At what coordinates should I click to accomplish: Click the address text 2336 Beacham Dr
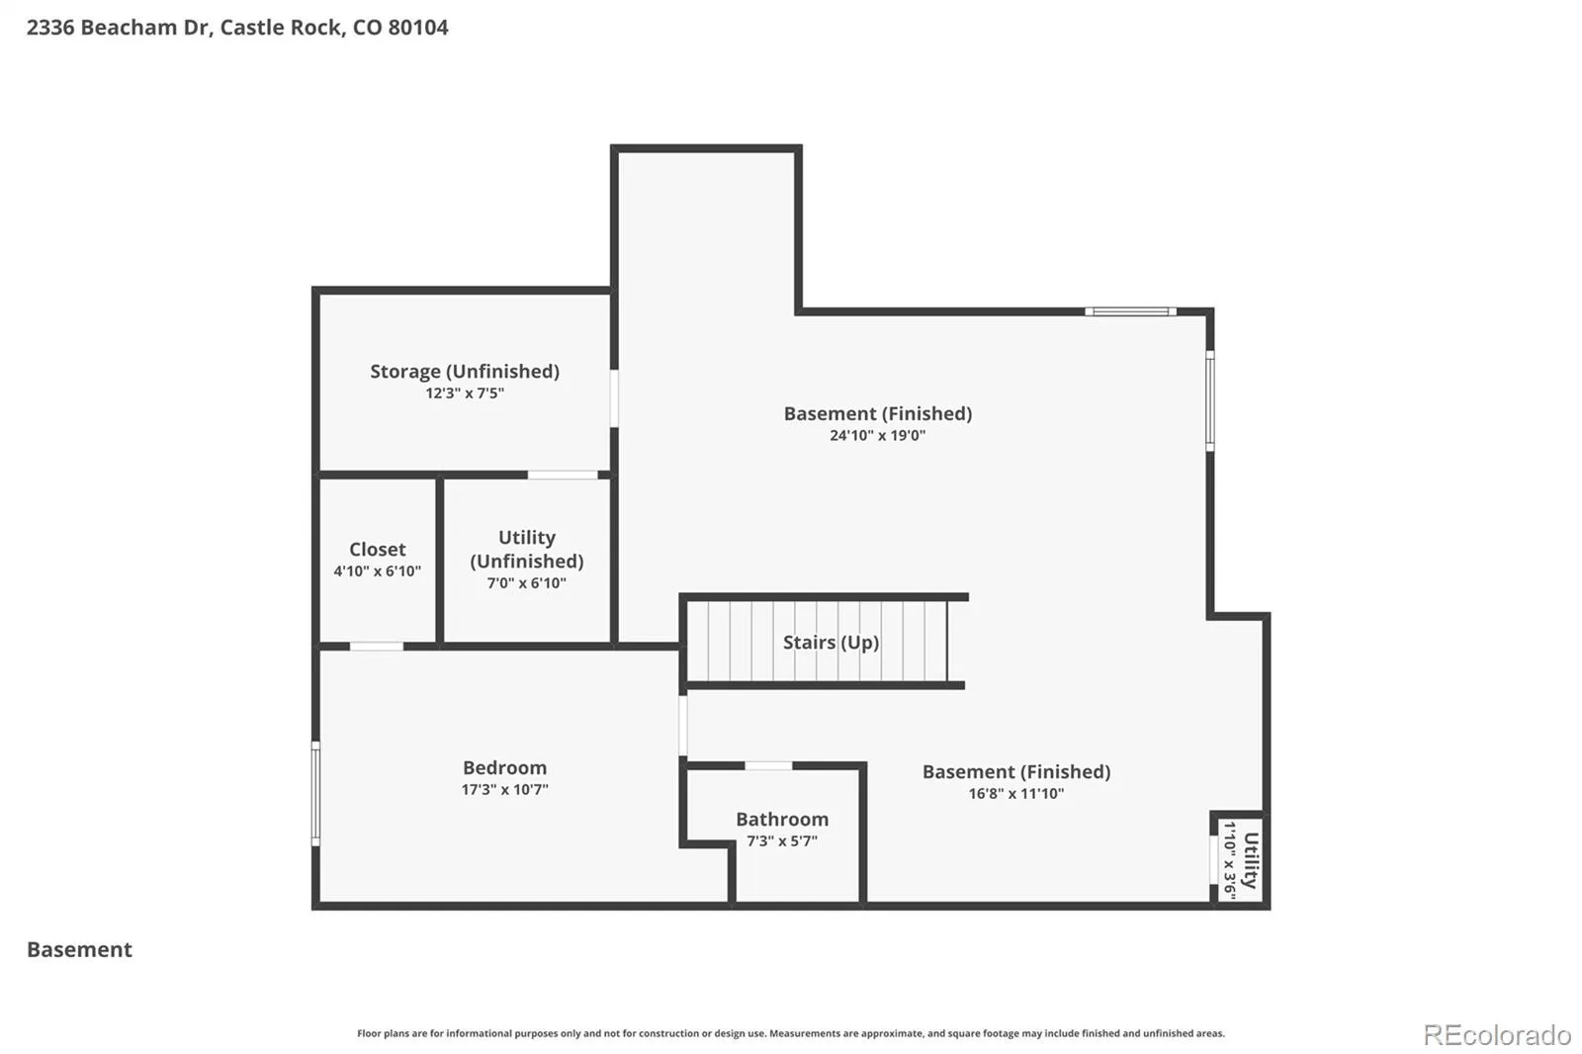click(x=119, y=28)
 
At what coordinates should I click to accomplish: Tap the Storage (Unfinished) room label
click(x=465, y=372)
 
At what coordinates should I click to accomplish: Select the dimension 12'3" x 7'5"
click(x=465, y=393)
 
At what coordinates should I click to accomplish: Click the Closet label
click(x=377, y=549)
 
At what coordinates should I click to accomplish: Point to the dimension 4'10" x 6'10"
click(x=377, y=571)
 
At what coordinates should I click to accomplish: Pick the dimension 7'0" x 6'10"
click(x=527, y=582)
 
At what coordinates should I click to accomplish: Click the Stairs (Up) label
click(x=832, y=642)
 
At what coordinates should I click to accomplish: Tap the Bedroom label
click(x=504, y=767)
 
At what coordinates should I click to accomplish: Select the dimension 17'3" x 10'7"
click(x=504, y=789)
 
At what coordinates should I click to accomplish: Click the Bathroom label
click(x=782, y=819)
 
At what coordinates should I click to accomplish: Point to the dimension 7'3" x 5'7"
click(x=782, y=840)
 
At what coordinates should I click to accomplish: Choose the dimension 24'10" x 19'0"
click(x=877, y=435)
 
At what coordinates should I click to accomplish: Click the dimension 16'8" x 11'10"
click(x=1015, y=793)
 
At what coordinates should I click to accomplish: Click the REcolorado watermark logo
click(x=1497, y=1035)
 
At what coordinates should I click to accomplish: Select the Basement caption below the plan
click(x=79, y=949)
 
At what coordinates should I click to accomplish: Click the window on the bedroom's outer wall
click(x=315, y=793)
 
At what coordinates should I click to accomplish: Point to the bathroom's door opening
click(x=768, y=765)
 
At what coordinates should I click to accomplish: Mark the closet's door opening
click(x=377, y=647)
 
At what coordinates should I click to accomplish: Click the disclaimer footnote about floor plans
click(x=790, y=1033)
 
